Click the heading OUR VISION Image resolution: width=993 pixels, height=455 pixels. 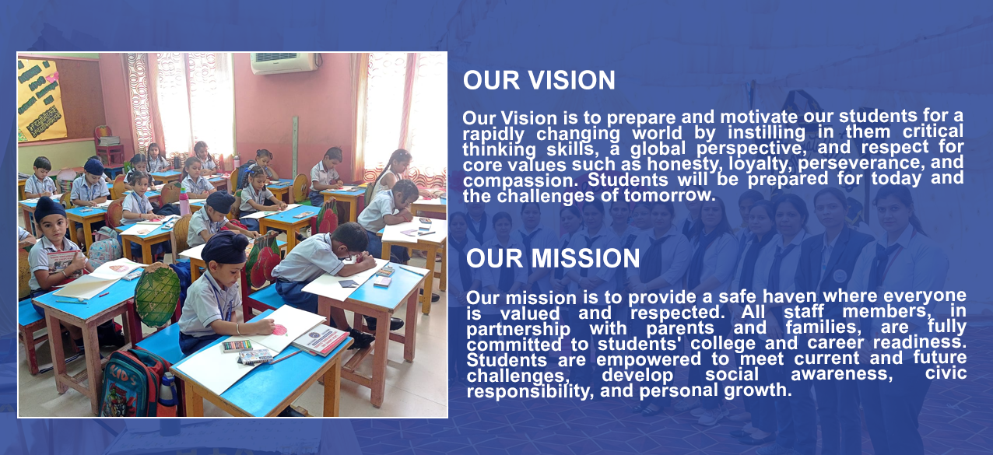coord(539,80)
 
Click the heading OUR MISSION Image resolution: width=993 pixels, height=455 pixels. coord(553,258)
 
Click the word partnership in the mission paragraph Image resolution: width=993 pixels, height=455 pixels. coord(518,330)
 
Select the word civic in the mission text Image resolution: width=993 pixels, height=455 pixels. coord(946,372)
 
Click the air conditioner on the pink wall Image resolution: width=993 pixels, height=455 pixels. coord(285,62)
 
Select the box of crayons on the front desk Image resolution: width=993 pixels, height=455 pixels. coord(237,345)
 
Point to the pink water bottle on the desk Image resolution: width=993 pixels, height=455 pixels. coord(184,202)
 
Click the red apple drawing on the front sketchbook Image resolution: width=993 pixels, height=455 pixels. coord(279,330)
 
